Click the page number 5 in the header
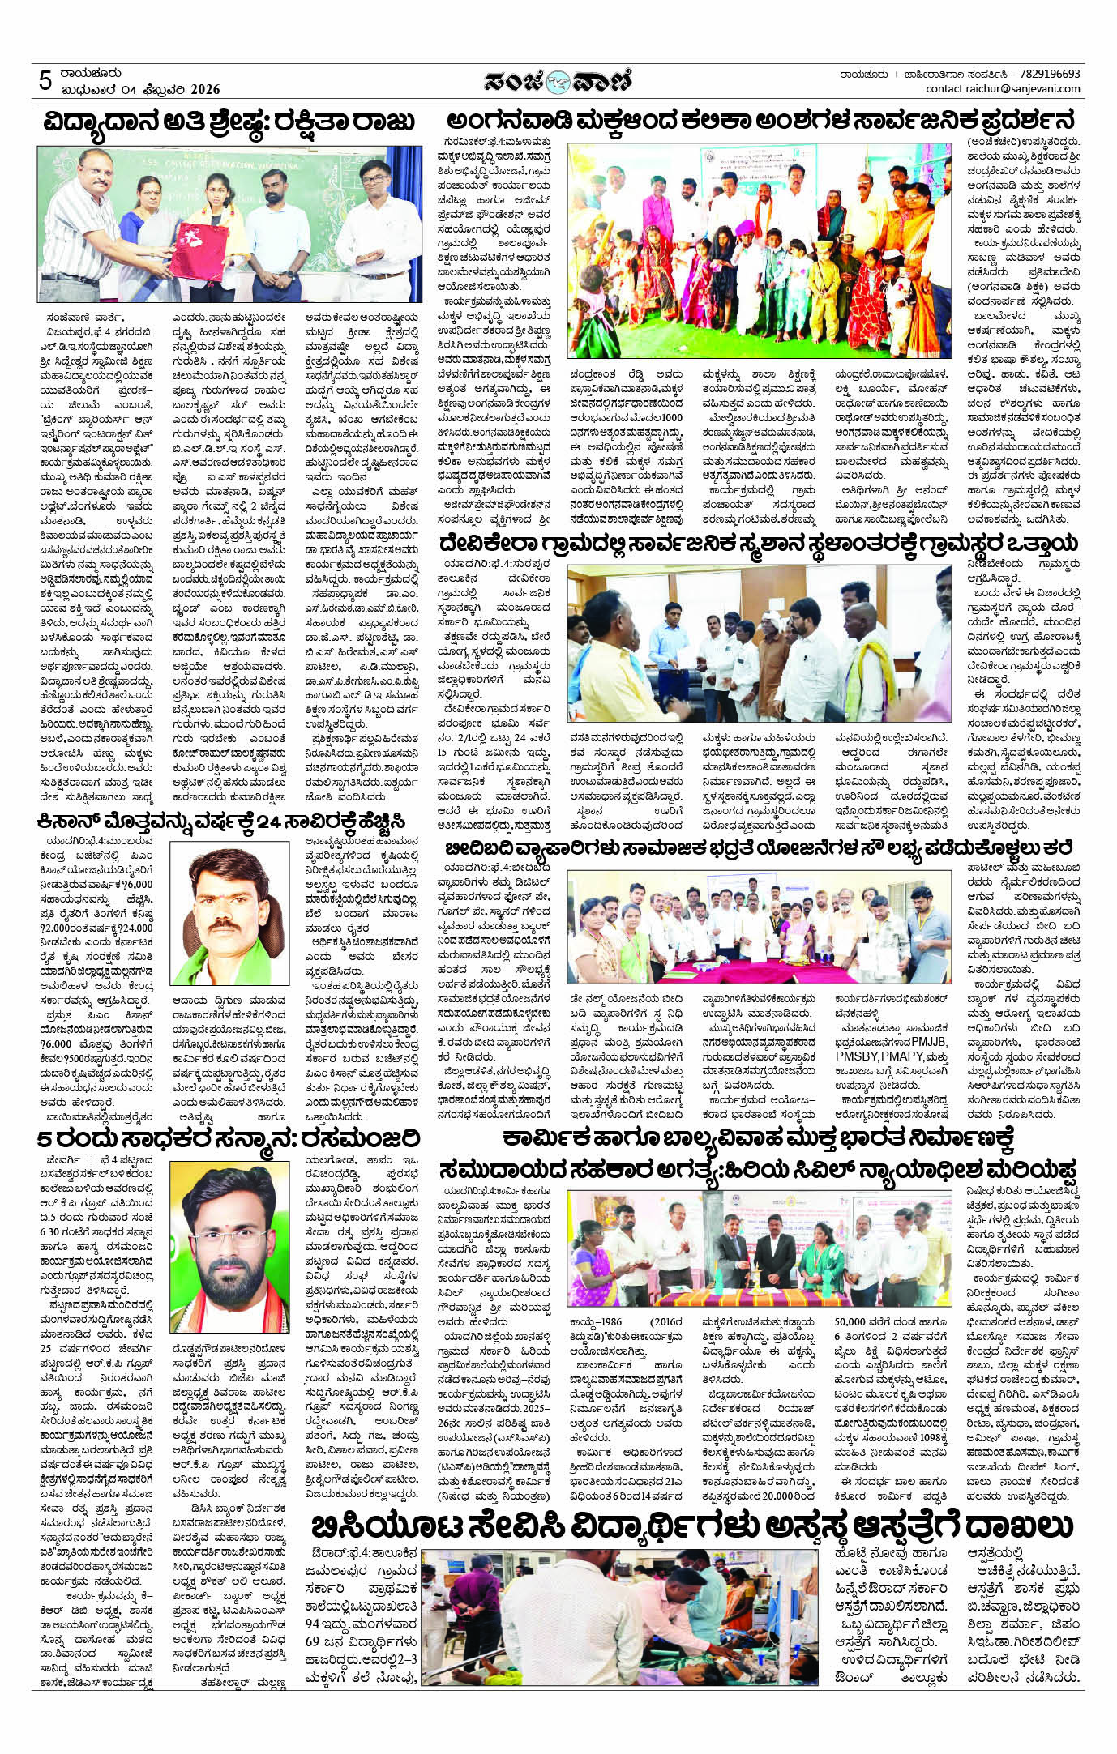click(46, 81)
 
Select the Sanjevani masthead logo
click(558, 81)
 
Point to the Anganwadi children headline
click(762, 122)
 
